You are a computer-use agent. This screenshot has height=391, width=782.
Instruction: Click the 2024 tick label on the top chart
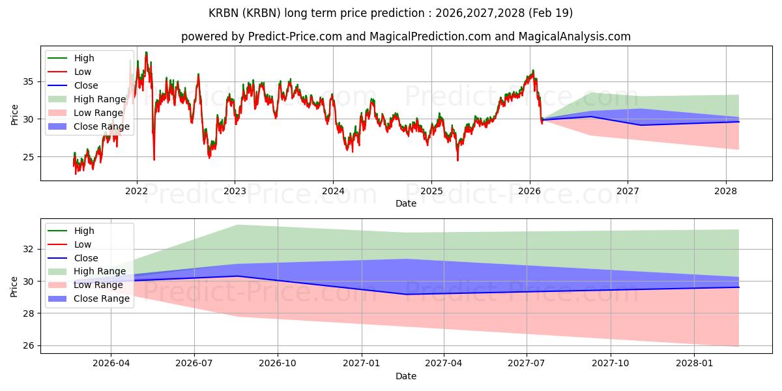coord(333,192)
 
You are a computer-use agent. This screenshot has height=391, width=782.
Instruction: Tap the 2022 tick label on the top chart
coord(136,192)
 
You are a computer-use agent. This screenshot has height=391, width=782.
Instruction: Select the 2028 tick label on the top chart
coord(726,192)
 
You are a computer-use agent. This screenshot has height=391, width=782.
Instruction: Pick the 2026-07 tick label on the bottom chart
coord(194,364)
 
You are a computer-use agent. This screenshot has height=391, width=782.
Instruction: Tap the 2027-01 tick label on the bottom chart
coord(361,364)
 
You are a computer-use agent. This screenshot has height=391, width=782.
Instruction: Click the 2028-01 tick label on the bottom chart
coord(695,364)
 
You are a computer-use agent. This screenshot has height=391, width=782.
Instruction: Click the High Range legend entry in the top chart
coord(87,99)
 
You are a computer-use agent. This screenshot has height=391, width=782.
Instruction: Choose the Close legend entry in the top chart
coord(72,85)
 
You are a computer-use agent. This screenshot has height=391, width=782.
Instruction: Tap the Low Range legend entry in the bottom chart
coord(85,285)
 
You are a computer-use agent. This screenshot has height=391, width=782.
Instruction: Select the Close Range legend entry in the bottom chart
coord(89,298)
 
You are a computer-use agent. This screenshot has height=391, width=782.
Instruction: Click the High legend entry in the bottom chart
coord(71,231)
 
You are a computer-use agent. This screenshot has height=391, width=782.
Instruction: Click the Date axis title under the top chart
coord(405,203)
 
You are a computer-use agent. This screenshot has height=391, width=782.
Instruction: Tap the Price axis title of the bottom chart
coord(14,287)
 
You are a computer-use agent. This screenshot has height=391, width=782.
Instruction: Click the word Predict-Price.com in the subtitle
coord(295,36)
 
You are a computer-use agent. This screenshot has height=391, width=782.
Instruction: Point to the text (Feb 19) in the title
coord(551,13)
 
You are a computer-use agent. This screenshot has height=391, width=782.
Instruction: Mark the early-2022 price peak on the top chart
coord(146,52)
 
